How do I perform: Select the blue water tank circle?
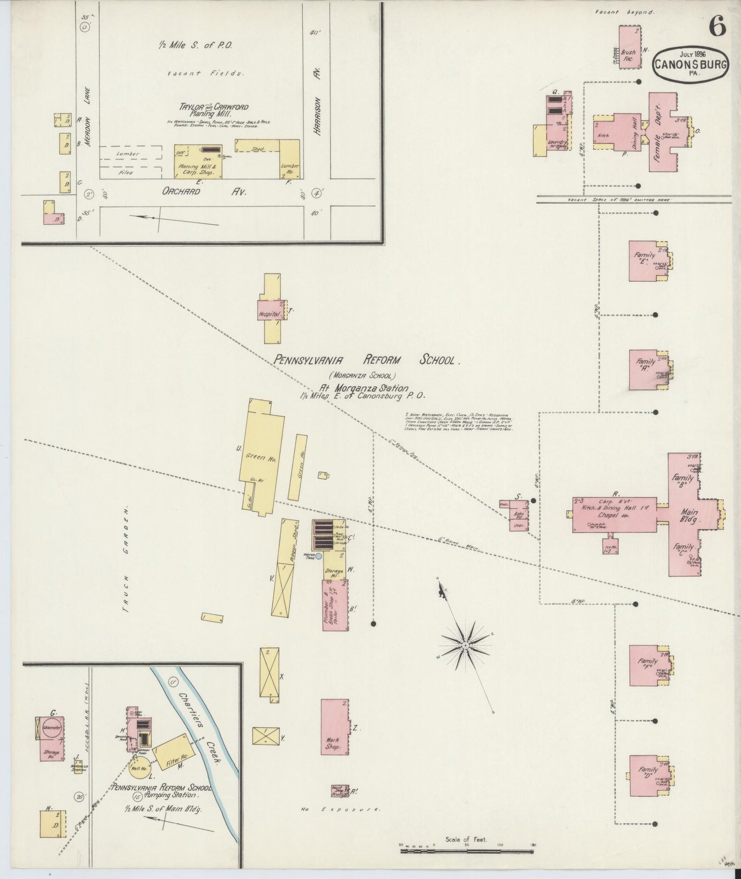(318, 556)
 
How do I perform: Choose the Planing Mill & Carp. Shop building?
(198, 162)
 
